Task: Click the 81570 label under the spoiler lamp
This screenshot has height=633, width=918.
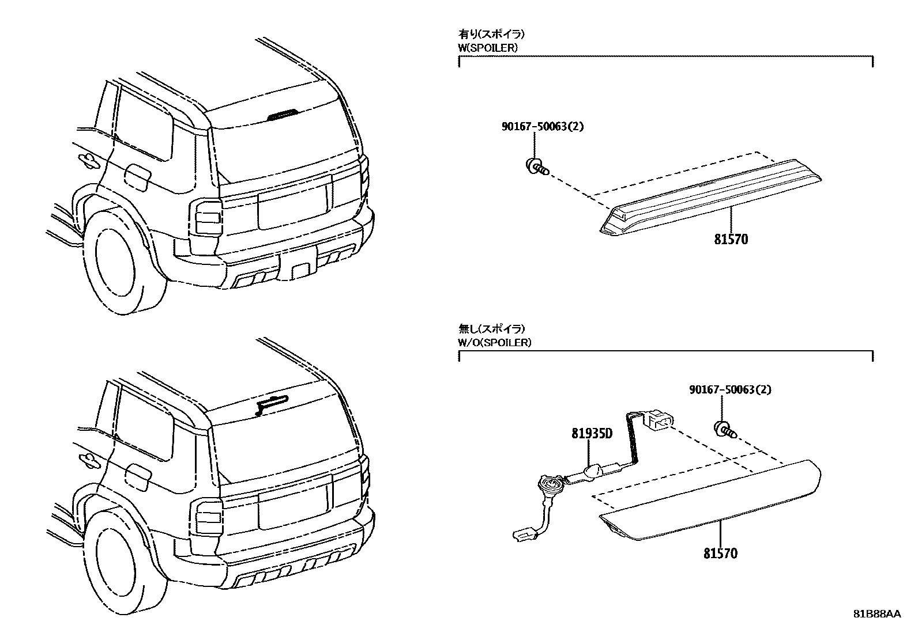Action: coord(731,239)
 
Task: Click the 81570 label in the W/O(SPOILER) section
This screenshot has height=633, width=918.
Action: coord(720,554)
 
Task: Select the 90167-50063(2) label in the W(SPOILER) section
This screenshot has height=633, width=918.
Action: coord(542,126)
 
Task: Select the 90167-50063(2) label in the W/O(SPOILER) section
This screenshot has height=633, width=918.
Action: coord(730,389)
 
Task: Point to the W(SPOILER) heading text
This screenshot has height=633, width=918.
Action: coord(488,48)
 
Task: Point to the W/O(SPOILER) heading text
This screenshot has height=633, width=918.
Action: coord(495,342)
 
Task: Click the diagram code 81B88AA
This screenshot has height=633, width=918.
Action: coord(876,614)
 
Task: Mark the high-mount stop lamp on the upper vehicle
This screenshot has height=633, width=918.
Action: coord(283,114)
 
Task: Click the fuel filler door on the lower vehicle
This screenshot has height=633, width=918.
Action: coord(138,476)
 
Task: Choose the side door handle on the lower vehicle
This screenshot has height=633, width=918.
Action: coord(89,458)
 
